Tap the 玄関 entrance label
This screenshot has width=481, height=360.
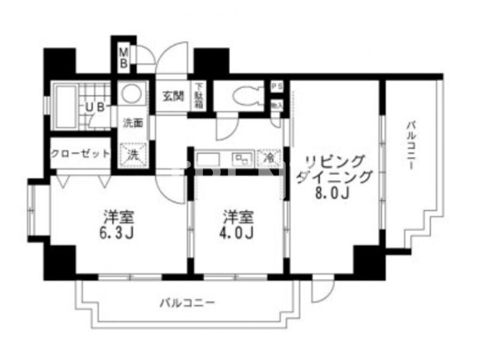tap(172, 95)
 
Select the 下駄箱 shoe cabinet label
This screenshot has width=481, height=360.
tap(199, 96)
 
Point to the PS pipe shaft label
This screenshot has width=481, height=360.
tap(277, 87)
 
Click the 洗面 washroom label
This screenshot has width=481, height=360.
tap(132, 123)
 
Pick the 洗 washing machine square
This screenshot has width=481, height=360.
tap(133, 155)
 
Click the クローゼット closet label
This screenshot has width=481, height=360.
tap(80, 153)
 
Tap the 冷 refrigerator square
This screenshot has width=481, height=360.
tap(269, 158)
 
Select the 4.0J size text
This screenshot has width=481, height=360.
tap(238, 232)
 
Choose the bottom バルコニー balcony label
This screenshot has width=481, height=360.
tap(187, 303)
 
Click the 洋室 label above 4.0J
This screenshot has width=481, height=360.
tap(238, 217)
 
